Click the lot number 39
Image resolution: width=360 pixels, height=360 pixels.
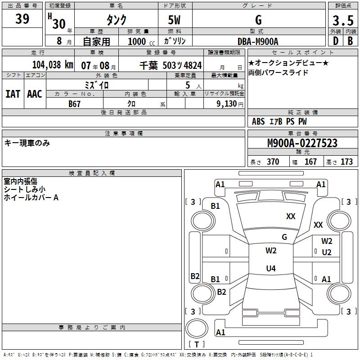[x=22, y=19]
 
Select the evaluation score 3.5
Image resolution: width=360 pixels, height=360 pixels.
[x=343, y=21]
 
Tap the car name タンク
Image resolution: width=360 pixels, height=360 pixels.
[x=116, y=20]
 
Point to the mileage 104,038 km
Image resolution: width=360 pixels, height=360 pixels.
[x=53, y=65]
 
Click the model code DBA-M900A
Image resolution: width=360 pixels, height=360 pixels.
[x=258, y=41]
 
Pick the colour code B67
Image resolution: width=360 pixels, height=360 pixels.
[x=75, y=103]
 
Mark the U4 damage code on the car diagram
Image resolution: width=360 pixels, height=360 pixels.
[x=270, y=269]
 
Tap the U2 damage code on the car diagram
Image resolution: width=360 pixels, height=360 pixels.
[x=327, y=252]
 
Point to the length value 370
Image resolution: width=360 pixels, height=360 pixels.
[x=273, y=162]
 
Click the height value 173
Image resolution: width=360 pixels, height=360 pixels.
[x=346, y=162]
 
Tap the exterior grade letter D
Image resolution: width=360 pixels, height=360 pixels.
[x=335, y=41]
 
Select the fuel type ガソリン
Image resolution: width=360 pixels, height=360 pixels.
[x=175, y=41]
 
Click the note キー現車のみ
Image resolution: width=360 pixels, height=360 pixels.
[x=27, y=143]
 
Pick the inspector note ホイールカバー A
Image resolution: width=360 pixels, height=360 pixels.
[x=31, y=198]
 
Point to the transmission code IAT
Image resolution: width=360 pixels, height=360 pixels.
[x=13, y=94]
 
